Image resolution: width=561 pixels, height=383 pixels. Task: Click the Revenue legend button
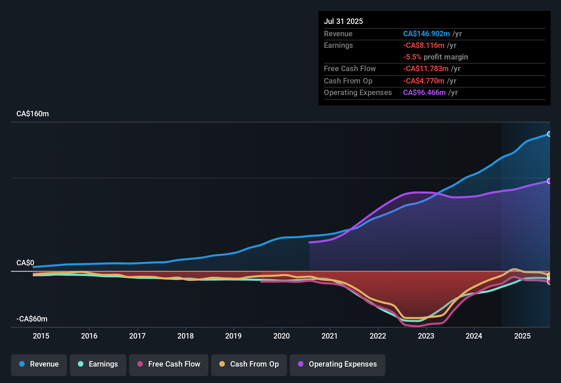39,364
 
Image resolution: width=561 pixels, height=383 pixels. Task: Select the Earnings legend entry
98,364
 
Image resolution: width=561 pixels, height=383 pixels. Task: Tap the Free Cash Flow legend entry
169,364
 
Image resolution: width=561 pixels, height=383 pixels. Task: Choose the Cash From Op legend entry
249,364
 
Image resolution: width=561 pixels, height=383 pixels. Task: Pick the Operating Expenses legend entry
338,364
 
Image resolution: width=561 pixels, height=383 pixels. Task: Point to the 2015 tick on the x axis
41,336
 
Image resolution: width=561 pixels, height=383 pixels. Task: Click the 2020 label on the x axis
282,336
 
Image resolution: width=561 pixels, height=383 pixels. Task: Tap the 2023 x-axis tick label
426,336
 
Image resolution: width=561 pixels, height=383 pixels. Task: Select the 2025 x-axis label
522,336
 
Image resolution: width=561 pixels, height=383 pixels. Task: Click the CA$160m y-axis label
32,114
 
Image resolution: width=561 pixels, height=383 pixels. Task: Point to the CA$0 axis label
25,263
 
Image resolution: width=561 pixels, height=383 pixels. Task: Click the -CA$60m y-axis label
32,319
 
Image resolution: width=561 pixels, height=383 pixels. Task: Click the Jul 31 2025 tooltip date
343,21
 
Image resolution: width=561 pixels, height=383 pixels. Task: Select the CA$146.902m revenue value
426,34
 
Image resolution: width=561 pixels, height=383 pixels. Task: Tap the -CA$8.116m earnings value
424,45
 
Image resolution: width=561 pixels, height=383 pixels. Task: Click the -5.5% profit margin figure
412,57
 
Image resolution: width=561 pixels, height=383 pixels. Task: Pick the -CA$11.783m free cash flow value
426,68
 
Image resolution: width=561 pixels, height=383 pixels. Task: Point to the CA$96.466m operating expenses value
424,92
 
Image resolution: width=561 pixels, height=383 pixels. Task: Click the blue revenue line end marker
549,134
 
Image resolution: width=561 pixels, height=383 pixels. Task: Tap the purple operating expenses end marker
549,181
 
